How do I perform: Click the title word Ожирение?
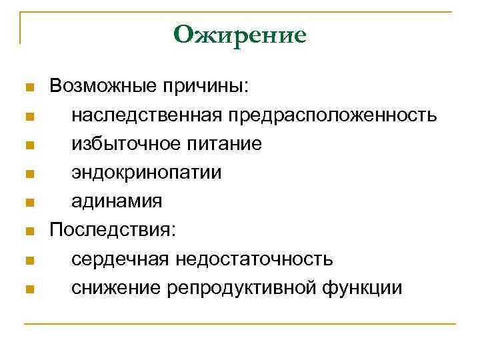(x=239, y=34)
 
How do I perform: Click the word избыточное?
(x=126, y=144)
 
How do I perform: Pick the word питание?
(x=224, y=144)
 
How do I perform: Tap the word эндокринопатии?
(x=147, y=173)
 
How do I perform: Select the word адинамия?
(x=117, y=201)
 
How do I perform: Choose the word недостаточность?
(x=253, y=259)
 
